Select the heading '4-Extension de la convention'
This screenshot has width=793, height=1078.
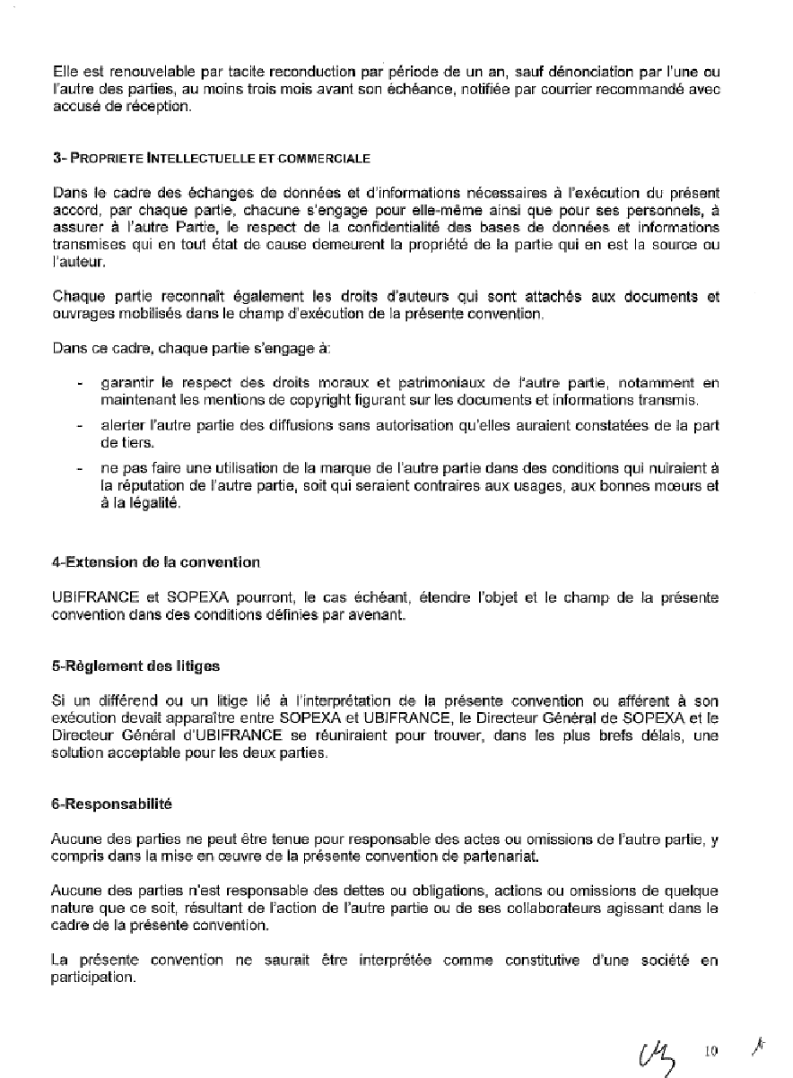[x=156, y=562]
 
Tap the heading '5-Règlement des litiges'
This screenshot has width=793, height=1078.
[x=135, y=666]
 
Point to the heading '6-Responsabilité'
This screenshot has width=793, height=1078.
[x=112, y=804]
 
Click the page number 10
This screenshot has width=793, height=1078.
[x=712, y=1050]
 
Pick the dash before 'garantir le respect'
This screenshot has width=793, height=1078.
[x=81, y=384]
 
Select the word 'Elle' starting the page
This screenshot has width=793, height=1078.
[x=64, y=69]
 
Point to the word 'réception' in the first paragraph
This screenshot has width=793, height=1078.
[x=162, y=106]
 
